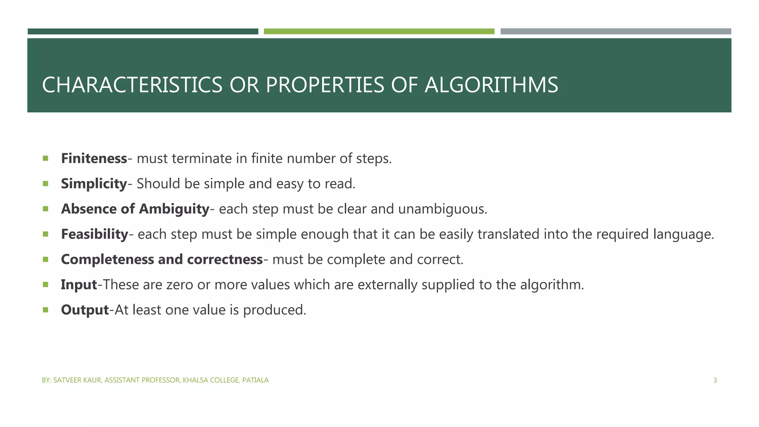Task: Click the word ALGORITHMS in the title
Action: (x=491, y=85)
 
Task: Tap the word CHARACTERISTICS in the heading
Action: (x=132, y=85)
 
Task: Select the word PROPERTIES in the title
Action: (x=325, y=85)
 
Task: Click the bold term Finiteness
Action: (x=94, y=159)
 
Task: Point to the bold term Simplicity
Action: (x=94, y=184)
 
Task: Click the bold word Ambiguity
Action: (x=174, y=209)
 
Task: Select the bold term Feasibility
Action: (x=95, y=234)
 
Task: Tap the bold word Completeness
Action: (x=108, y=259)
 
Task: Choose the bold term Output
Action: (x=85, y=310)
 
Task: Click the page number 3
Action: (x=715, y=380)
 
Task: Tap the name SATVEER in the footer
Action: (x=65, y=380)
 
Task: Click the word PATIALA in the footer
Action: (x=255, y=380)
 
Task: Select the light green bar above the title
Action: (x=379, y=32)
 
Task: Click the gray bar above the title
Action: (x=616, y=32)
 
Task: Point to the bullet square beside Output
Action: (x=46, y=310)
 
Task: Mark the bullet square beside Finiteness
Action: (x=46, y=159)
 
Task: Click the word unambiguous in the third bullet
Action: (x=443, y=209)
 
